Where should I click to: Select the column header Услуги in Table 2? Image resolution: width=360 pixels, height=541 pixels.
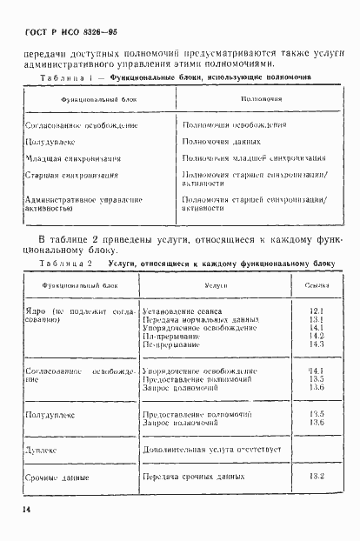pos(217,286)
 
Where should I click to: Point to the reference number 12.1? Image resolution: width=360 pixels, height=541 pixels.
pos(316,311)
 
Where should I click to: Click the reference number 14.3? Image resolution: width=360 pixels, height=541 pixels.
pos(316,344)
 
